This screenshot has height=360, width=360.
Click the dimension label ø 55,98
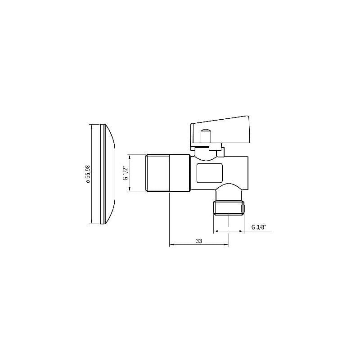tap(88, 174)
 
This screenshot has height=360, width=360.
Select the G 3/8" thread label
tap(259, 227)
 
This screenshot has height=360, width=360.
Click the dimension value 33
tap(199, 241)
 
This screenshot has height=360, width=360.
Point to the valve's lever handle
tap(220, 132)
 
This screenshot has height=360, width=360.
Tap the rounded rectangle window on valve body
tap(210, 173)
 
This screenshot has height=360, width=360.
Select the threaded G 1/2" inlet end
tap(158, 173)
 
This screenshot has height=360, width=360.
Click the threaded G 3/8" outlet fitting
tap(229, 208)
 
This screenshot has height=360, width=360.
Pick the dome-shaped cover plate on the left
tap(108, 174)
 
